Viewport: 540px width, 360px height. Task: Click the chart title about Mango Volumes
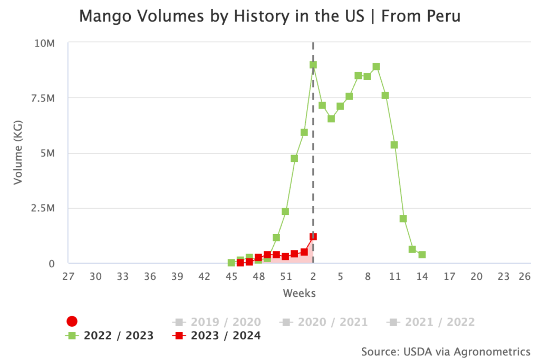point(269,16)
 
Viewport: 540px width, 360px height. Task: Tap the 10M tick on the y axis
point(44,43)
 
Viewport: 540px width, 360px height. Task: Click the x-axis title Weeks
point(299,293)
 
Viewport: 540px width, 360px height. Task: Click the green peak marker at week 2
point(313,65)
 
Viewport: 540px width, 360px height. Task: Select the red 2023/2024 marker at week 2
point(313,237)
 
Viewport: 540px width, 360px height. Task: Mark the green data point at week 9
point(376,67)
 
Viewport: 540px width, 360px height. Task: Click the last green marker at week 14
point(422,255)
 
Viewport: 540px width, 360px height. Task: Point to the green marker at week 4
point(331,119)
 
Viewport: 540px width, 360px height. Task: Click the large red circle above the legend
point(72,321)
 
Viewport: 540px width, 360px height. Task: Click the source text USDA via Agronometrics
point(446,351)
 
